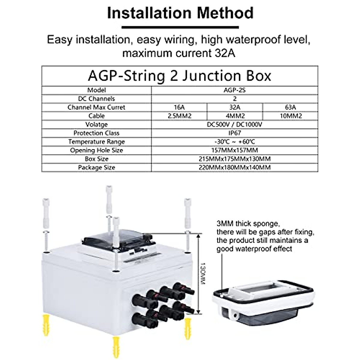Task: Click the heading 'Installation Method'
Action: click(180, 13)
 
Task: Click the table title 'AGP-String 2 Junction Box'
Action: click(179, 76)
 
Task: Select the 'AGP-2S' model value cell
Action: click(235, 90)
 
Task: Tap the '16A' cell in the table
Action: click(179, 107)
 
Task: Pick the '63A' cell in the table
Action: click(290, 107)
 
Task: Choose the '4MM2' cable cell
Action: click(235, 116)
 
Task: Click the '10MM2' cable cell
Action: click(290, 116)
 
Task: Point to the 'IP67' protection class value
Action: click(235, 133)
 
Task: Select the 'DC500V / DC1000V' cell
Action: click(235, 124)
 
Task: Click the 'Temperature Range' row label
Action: click(96, 142)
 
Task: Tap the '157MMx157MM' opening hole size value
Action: click(235, 150)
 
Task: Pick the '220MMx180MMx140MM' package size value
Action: click(235, 168)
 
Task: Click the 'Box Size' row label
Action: click(96, 159)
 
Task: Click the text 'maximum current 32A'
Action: click(179, 53)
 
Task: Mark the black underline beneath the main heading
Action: click(180, 27)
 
